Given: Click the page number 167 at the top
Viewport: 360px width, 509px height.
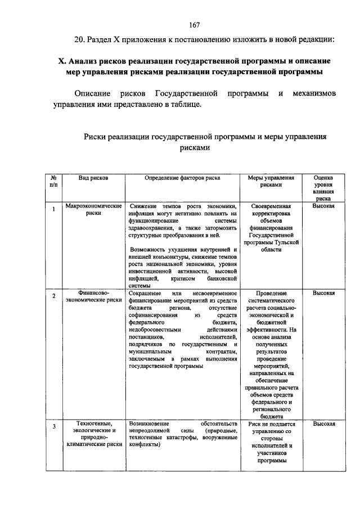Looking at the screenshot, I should click(195, 25).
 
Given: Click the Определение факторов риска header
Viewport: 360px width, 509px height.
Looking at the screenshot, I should click(182, 178).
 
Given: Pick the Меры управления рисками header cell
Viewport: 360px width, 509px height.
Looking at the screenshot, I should click(271, 181).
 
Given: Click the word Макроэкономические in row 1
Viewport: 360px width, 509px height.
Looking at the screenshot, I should click(94, 206).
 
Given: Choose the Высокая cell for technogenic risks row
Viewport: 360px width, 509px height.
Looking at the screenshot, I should click(323, 424).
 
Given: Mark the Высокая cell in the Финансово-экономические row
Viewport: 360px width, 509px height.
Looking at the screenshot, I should click(323, 294).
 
